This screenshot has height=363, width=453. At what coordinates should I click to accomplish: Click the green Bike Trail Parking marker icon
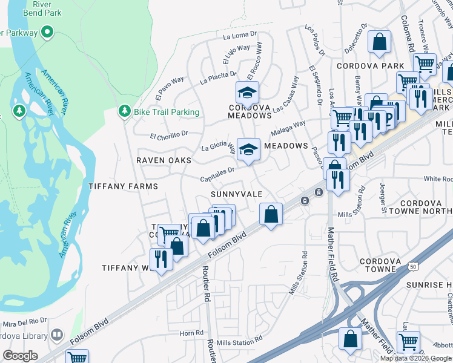pyautogui.click(x=124, y=111)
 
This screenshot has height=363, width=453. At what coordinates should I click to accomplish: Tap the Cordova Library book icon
pyautogui.click(x=56, y=335)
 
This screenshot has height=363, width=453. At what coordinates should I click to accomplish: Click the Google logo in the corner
pyautogui.click(x=20, y=356)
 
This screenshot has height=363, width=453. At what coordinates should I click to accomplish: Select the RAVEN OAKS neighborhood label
pyautogui.click(x=164, y=160)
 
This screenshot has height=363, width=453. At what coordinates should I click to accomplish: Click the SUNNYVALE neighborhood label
pyautogui.click(x=236, y=194)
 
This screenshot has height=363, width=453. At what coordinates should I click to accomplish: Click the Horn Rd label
pyautogui.click(x=191, y=333)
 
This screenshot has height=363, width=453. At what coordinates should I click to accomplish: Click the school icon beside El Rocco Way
pyautogui.click(x=247, y=93)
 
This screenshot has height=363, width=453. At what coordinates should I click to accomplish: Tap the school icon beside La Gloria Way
pyautogui.click(x=248, y=149)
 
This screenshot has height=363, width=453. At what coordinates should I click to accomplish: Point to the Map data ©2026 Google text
pyautogui.click(x=416, y=358)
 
